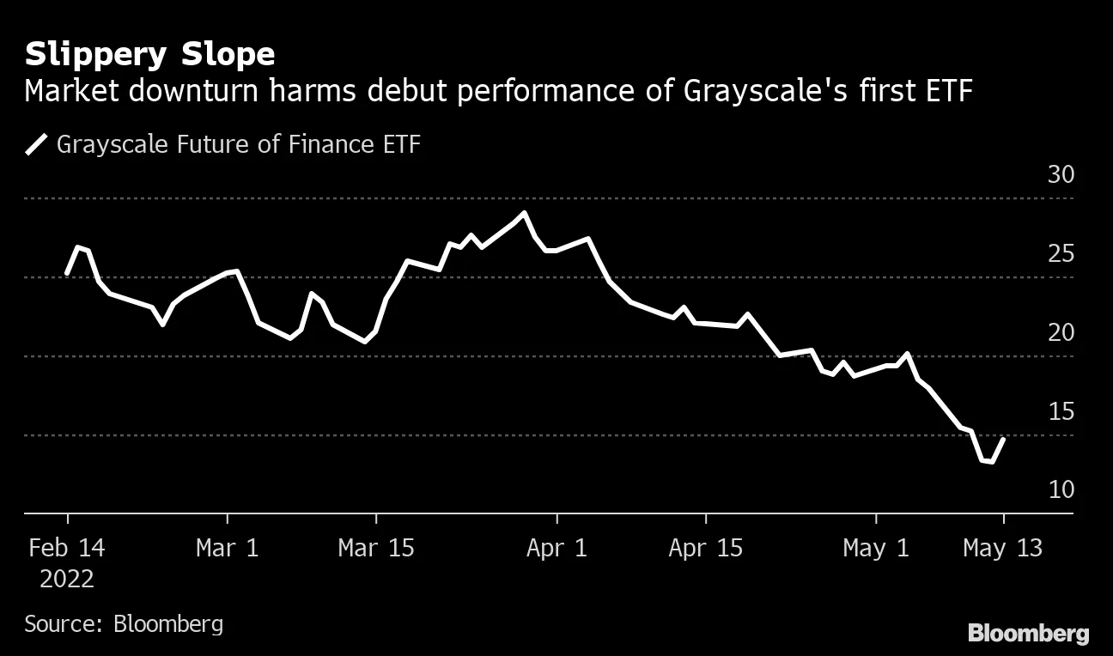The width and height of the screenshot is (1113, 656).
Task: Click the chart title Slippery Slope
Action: point(149,55)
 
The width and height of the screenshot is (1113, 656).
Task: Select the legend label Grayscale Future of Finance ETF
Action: point(239,144)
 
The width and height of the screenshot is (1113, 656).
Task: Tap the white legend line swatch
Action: point(37,144)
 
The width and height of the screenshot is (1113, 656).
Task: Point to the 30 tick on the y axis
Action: point(1061,175)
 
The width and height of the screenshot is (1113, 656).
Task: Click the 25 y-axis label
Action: point(1061,254)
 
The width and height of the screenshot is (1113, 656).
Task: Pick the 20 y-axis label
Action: point(1061,333)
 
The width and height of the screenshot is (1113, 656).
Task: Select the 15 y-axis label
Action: point(1061,412)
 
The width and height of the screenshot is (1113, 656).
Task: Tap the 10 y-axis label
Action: point(1061,489)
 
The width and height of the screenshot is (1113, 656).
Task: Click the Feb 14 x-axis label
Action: point(67,548)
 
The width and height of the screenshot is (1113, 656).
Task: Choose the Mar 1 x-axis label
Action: point(227,548)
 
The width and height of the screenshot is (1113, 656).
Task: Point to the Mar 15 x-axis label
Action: point(375,548)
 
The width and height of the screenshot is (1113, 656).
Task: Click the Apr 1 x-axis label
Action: point(556,548)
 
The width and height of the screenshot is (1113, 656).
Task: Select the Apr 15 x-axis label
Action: point(705,548)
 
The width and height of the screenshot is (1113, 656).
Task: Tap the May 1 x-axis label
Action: point(876,548)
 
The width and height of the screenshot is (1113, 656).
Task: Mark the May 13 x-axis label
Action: point(1002,548)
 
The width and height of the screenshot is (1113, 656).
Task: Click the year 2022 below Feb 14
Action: point(67,579)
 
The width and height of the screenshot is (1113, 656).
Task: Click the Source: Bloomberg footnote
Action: point(124,623)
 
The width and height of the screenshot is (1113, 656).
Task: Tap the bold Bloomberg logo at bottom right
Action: point(1028,634)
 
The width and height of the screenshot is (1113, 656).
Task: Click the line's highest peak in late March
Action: point(524,213)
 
